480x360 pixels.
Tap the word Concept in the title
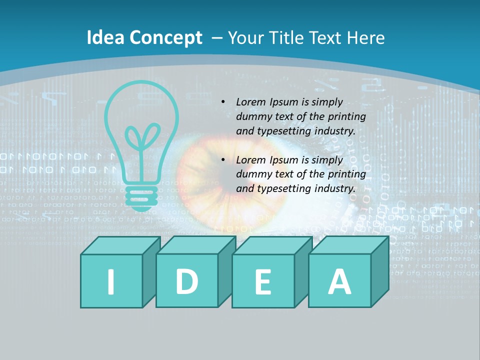point(166,38)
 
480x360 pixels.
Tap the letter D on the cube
point(186,281)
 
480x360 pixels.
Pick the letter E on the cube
point(262,282)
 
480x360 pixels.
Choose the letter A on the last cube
point(339,281)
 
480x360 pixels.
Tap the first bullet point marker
point(223,102)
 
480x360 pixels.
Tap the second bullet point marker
point(223,160)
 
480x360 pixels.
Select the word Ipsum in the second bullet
point(284,160)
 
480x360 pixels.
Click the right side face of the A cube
point(379,272)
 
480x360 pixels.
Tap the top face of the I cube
point(120,245)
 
